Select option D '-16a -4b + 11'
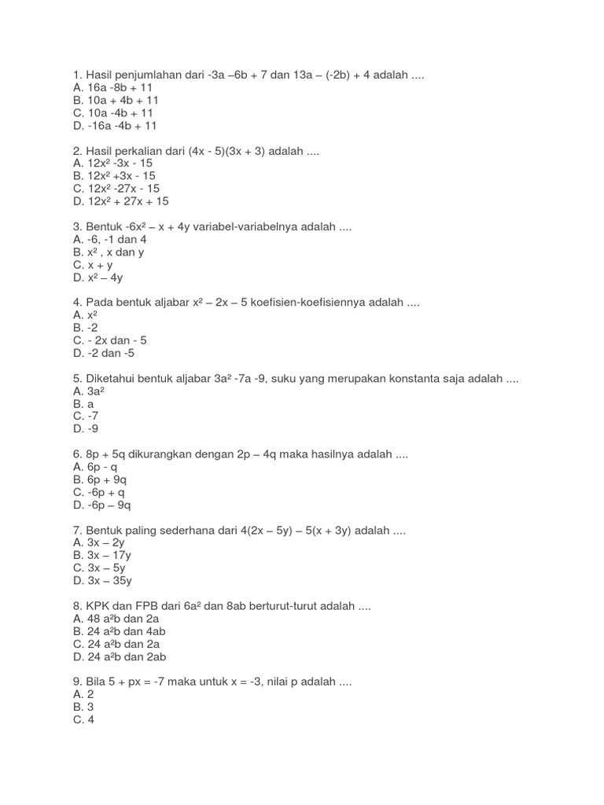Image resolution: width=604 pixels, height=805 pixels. pyautogui.click(x=115, y=125)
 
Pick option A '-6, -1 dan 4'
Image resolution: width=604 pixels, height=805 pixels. pyautogui.click(x=109, y=239)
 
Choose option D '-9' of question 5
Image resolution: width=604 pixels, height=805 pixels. pyautogui.click(x=86, y=428)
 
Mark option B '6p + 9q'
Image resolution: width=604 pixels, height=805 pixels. pyautogui.click(x=99, y=479)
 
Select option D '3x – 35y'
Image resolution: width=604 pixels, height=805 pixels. pyautogui.click(x=102, y=580)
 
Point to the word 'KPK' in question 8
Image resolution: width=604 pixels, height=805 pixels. pyautogui.click(x=98, y=606)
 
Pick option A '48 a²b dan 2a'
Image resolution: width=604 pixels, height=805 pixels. pyautogui.click(x=118, y=619)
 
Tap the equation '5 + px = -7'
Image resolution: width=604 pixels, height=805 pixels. pyautogui.click(x=144, y=682)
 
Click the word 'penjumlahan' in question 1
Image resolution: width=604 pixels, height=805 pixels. pyautogui.click(x=149, y=75)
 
